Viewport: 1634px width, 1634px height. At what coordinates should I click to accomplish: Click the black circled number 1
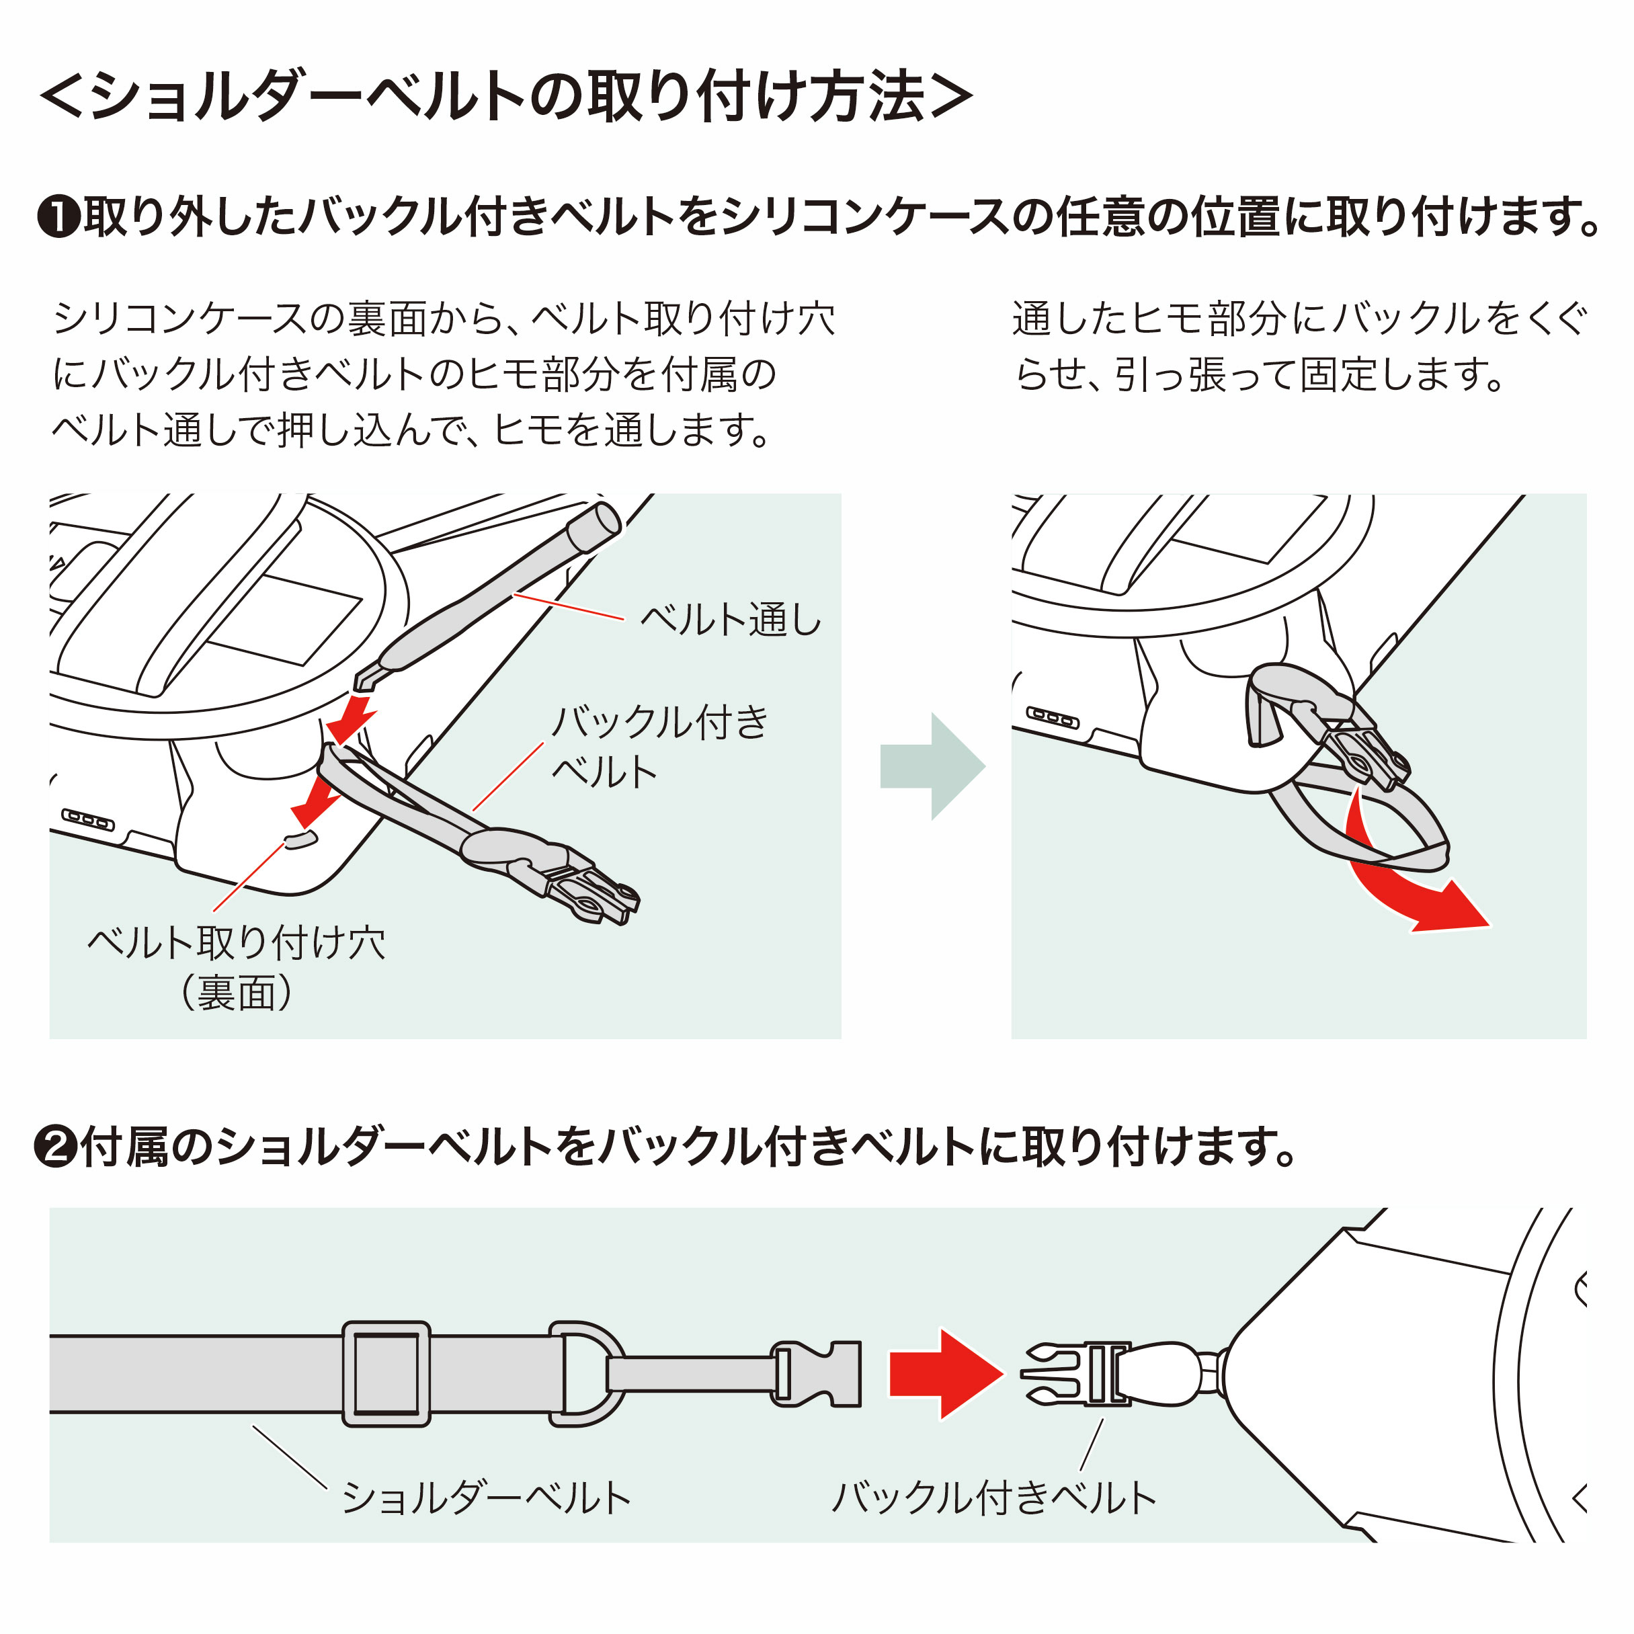coord(59,217)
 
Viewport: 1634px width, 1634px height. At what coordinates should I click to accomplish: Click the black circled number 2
coord(56,1147)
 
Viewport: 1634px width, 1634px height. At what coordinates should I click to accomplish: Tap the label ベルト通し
coord(730,619)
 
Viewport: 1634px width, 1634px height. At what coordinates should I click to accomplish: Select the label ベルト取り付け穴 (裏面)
coord(236,967)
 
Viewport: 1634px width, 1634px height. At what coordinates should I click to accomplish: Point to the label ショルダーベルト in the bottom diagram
coord(487,1497)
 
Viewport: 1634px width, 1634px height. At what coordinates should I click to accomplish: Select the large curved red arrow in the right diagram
coord(1404,888)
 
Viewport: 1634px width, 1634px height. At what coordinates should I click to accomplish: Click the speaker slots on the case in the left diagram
coord(87,819)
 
